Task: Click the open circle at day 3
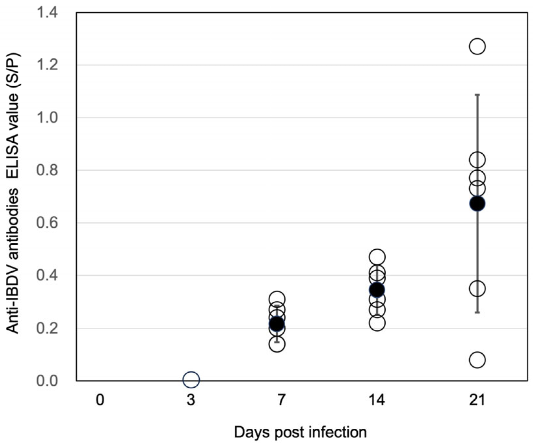(x=191, y=380)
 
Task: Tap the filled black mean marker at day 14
(x=377, y=290)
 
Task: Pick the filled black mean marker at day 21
(x=477, y=204)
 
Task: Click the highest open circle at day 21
(x=477, y=46)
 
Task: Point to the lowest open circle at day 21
(x=477, y=360)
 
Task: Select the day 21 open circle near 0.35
(x=477, y=288)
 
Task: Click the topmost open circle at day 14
(x=377, y=257)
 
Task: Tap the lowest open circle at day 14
(x=377, y=323)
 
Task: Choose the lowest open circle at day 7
(x=277, y=344)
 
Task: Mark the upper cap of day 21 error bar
(x=477, y=95)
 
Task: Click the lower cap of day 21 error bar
(x=477, y=312)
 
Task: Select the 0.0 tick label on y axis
(x=47, y=380)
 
